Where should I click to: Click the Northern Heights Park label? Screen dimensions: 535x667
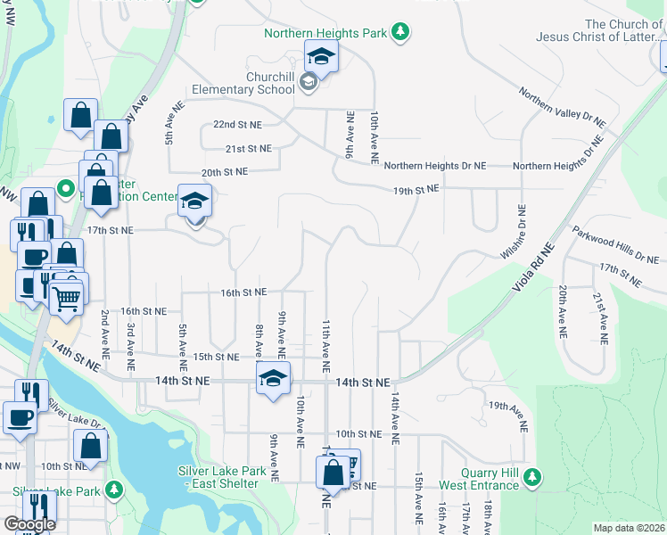325,33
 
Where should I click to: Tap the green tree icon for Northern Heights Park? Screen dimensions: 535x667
401,33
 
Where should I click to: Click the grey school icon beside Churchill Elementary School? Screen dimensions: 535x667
309,83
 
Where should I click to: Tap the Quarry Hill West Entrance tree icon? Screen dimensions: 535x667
532,478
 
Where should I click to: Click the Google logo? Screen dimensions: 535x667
29,524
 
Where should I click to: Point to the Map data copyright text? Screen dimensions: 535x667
630,528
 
